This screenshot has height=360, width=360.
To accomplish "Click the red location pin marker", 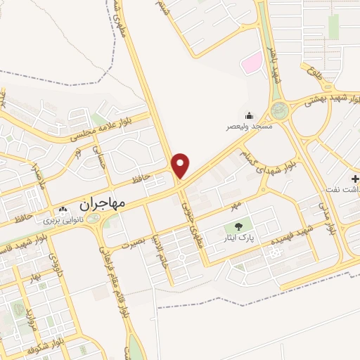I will tap(181, 165).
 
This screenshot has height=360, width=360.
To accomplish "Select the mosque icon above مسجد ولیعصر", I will tap(249, 115).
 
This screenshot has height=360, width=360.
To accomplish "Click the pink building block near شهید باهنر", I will tap(251, 64).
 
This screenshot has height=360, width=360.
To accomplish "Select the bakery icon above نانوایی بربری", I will tap(64, 210).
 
